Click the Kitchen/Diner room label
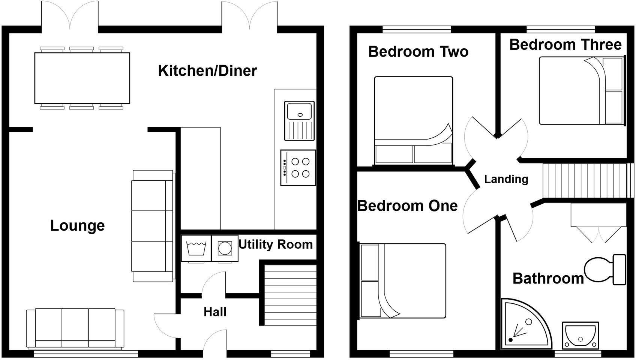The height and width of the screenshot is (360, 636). coord(207,71)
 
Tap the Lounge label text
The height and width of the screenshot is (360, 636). coord(77,226)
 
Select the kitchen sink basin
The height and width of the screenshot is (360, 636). coord(299,111)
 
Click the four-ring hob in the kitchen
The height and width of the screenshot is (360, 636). coord(298,168)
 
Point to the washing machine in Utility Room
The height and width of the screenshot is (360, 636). coord(196,248)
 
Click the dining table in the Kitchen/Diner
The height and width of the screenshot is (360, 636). coord(82,78)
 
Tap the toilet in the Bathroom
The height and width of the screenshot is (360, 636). coord(604,269)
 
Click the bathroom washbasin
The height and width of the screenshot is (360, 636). coord(580,335)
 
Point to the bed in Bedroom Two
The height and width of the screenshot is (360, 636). coord(413,120)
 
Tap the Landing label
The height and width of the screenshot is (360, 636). coord(506,179)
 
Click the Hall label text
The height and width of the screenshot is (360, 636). coord(215,312)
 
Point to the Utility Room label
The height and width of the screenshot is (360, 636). coord(276,244)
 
